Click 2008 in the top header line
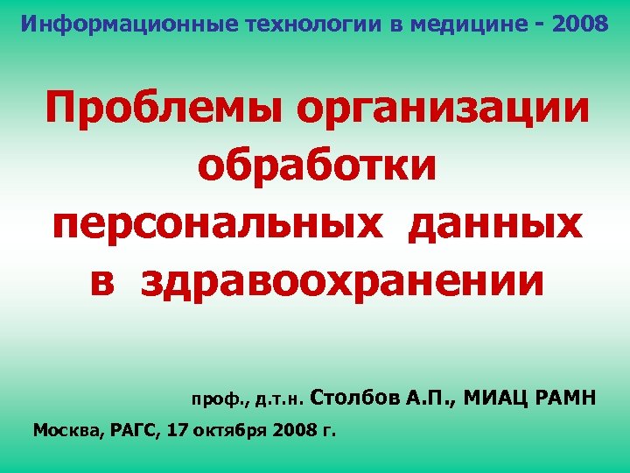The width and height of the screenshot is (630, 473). pos(580,23)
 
